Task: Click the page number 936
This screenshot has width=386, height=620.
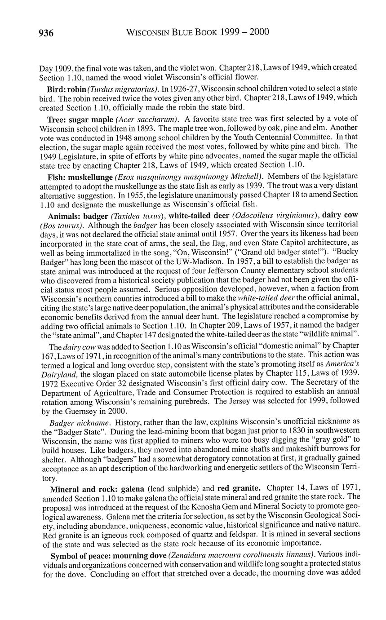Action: click(x=46, y=33)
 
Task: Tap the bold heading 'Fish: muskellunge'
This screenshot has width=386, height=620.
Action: click(x=80, y=177)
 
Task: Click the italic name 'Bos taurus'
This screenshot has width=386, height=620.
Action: click(x=61, y=224)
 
